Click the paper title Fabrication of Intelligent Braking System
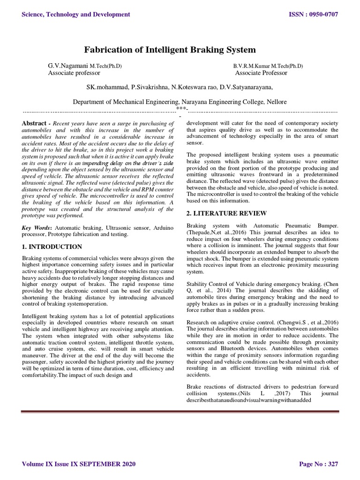coord(170,49)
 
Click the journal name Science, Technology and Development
coord(76,15)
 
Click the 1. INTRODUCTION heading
coord(52,247)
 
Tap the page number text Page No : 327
coord(318,464)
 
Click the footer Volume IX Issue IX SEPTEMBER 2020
coord(79,464)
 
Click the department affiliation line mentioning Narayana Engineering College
coord(180,102)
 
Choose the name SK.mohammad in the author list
coord(107,87)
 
